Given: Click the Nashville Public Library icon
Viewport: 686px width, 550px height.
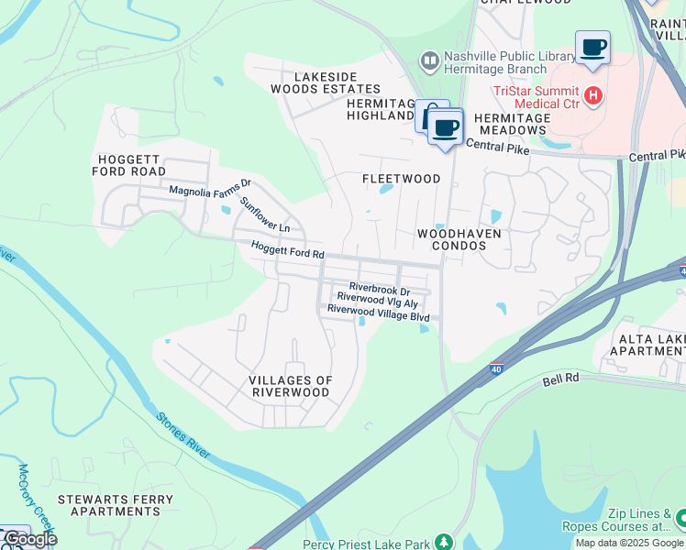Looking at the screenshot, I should [429, 61].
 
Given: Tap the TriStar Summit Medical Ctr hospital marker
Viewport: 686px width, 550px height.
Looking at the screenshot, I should [593, 93].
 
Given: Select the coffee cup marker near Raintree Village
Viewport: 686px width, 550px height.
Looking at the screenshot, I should [592, 47].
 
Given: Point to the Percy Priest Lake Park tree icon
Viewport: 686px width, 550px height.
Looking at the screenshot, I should [444, 542].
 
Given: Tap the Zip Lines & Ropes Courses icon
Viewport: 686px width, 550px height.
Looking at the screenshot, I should [680, 520].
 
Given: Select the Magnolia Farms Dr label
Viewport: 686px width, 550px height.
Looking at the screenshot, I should [209, 191].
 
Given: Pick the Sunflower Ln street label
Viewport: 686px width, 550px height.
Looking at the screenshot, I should [265, 214].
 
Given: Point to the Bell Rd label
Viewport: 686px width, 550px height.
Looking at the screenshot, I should [561, 379].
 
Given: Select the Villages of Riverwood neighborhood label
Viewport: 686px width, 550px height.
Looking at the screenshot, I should [290, 386].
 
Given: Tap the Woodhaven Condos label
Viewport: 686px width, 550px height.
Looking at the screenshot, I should [459, 239].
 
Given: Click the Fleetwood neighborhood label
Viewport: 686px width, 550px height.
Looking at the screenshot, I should [401, 179].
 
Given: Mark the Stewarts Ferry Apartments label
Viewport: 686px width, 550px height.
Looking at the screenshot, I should [116, 505].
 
